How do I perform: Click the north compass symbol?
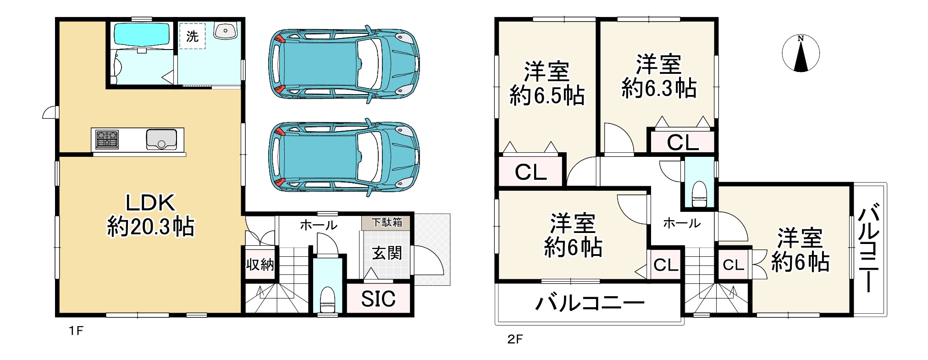click(801, 53)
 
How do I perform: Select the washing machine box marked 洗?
click(192, 36)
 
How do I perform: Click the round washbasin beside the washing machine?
click(225, 31)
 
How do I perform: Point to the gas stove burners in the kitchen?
click(107, 139)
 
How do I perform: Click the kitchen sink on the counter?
click(161, 139)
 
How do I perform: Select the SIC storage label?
click(378, 299)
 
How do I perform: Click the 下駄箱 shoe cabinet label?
click(387, 222)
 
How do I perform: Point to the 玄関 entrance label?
click(387, 253)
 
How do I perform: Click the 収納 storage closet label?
click(260, 264)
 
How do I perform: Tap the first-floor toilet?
click(327, 298)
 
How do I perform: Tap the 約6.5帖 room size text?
click(547, 96)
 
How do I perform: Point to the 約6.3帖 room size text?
click(659, 88)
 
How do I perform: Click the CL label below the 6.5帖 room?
click(530, 172)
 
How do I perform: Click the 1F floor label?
click(76, 331)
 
